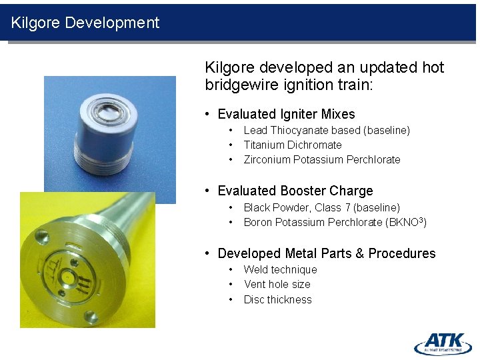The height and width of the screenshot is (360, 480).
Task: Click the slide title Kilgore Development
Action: point(85,23)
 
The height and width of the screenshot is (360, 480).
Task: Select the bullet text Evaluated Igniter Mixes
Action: point(286,114)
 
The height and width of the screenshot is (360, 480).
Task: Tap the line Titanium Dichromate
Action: point(292,145)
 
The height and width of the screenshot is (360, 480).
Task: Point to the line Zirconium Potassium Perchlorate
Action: point(321,159)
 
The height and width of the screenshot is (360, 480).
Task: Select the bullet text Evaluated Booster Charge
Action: point(295,191)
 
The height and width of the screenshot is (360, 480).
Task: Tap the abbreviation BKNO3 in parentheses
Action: point(405,222)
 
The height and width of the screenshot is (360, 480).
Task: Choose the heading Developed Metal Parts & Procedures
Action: point(326,253)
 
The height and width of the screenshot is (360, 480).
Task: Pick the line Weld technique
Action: point(280,269)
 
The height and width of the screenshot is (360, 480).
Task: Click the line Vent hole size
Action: point(277,284)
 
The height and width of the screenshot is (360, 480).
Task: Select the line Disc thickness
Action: point(277,299)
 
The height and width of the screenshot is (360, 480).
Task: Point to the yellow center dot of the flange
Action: point(68,275)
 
